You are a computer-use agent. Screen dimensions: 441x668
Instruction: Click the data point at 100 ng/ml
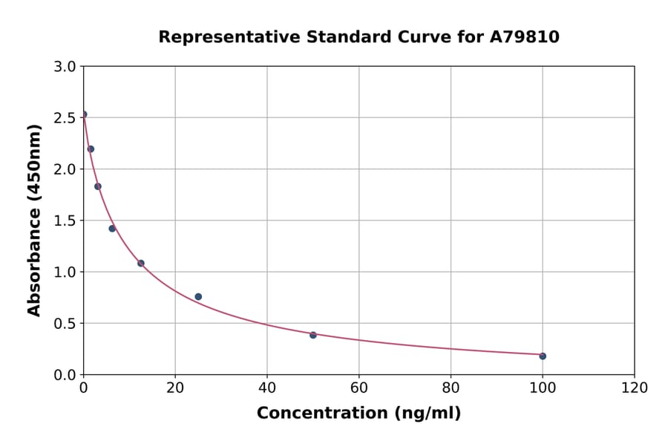coord(543,356)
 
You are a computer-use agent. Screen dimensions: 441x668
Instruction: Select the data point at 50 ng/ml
coord(313,335)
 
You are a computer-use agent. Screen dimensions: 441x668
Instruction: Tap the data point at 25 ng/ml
coord(198,296)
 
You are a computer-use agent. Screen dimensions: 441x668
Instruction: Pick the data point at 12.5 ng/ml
coord(141,263)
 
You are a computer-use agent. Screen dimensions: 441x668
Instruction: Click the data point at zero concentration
coord(84,114)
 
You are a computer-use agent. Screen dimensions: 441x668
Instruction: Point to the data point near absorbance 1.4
coord(112,228)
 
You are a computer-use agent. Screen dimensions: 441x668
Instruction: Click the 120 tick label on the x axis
coord(634,388)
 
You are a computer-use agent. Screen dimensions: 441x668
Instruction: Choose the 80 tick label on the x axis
coord(451,388)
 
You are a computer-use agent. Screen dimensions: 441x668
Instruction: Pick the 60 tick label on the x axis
coord(358,388)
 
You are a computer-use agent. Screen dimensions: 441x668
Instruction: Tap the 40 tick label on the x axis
coord(267,388)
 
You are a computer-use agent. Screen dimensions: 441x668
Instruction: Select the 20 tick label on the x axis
coord(175,388)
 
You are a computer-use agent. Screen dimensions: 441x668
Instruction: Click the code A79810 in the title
coord(524,37)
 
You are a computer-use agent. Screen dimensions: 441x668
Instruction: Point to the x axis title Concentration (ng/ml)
coord(358,414)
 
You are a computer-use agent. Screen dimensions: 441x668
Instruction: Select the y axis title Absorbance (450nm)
coord(34,220)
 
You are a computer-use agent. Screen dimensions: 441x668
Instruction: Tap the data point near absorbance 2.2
coord(91,148)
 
